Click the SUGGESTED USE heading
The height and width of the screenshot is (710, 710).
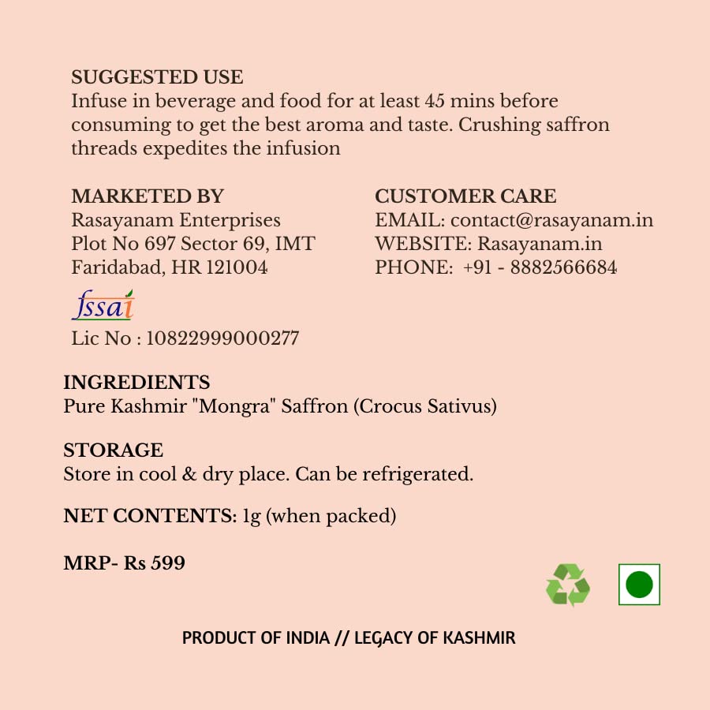click(157, 77)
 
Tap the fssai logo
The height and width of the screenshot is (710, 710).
click(103, 305)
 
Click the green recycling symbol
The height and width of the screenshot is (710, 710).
click(568, 585)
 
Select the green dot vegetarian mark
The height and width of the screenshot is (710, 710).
click(639, 585)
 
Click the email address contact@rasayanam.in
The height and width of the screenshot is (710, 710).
click(551, 220)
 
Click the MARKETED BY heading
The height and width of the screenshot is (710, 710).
click(148, 196)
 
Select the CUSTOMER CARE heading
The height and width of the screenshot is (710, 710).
click(465, 196)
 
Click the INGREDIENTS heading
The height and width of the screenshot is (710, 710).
click(136, 383)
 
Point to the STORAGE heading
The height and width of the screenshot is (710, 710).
click(114, 450)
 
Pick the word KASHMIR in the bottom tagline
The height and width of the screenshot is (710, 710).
click(478, 637)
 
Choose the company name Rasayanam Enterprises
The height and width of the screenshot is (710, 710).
click(176, 220)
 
